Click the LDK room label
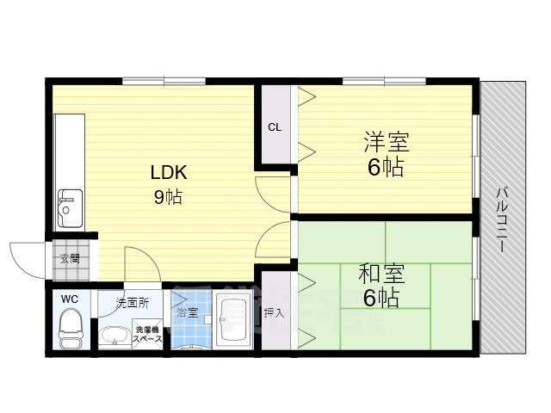[x=169, y=172]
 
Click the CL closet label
[x=275, y=127]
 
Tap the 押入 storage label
[x=274, y=312]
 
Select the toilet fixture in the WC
[x=69, y=330]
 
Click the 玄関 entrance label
[x=70, y=257]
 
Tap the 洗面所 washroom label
[x=133, y=303]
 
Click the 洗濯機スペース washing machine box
[x=145, y=335]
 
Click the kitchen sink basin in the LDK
[x=67, y=209]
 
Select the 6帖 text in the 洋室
[x=385, y=167]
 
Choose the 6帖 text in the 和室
[x=379, y=299]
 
